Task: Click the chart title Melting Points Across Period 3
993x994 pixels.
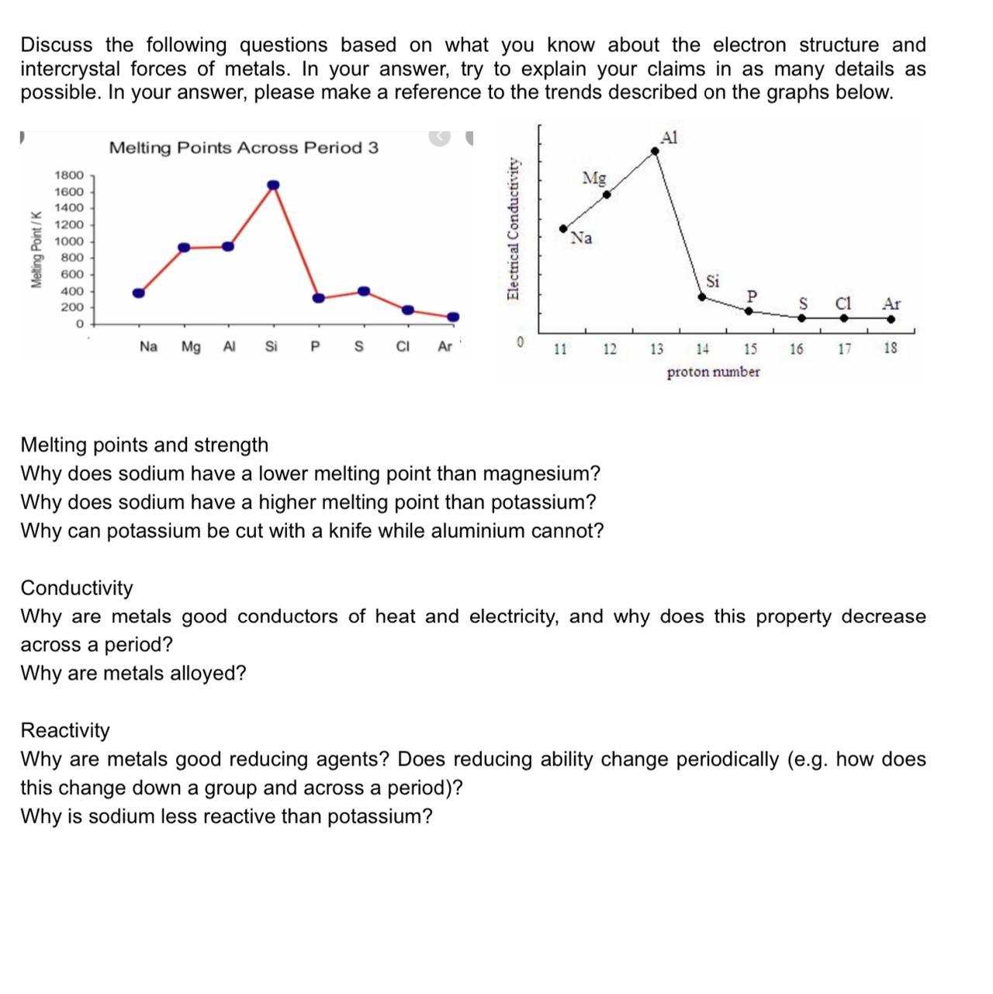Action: (244, 147)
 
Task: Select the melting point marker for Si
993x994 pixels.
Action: (273, 185)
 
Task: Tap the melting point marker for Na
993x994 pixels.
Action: (139, 293)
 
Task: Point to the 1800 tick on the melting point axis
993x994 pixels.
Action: (68, 175)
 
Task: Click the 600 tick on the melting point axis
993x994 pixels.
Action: (72, 274)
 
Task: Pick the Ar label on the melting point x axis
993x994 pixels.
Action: (445, 347)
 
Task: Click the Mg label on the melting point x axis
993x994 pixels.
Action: (191, 347)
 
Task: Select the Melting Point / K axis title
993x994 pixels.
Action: (36, 249)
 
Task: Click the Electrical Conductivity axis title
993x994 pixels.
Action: (513, 228)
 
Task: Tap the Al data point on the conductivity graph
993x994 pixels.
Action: (655, 151)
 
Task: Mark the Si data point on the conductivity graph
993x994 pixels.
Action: (702, 296)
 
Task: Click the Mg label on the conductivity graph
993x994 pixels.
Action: (594, 178)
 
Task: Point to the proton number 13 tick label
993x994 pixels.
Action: (656, 349)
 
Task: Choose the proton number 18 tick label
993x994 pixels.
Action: (891, 349)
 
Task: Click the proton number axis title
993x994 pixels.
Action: (713, 372)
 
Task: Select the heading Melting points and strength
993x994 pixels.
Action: (144, 445)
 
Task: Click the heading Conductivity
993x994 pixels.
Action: (77, 588)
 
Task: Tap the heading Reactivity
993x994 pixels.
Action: (65, 731)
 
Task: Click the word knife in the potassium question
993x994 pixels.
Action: (350, 532)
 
